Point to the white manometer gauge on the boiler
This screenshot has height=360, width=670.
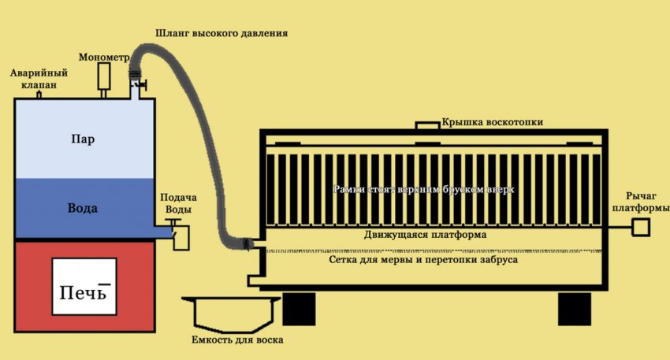[104, 76]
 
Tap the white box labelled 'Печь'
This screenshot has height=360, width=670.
[83, 288]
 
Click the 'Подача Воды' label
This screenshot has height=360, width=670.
[178, 203]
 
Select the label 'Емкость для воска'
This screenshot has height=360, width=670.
[237, 340]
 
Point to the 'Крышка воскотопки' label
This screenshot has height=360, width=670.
[492, 122]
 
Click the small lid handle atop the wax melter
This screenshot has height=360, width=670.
[426, 126]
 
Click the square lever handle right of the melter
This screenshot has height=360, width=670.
[640, 228]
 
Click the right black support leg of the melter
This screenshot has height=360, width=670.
[575, 308]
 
